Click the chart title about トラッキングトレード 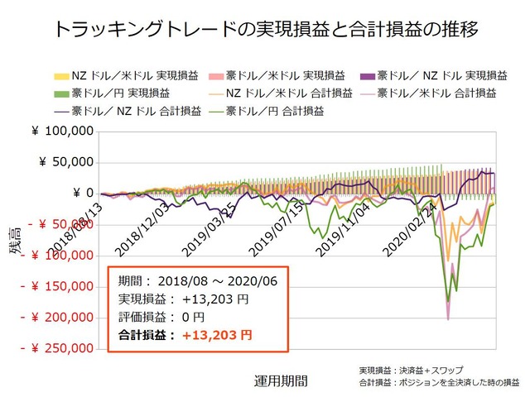(265, 31)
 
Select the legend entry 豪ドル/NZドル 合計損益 (133, 110)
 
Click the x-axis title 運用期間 (281, 381)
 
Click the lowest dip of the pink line (448, 318)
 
